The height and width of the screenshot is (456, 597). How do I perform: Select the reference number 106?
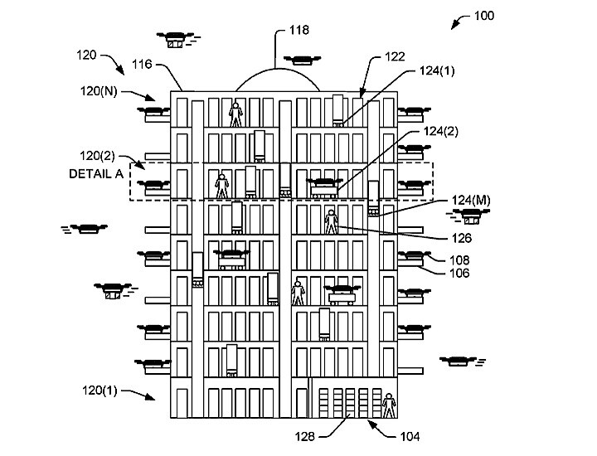[459, 271]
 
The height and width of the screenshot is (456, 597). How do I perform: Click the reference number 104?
[410, 436]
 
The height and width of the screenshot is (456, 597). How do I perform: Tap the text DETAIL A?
[95, 173]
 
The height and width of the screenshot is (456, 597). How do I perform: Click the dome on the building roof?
[276, 80]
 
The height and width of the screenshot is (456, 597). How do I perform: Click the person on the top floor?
[236, 114]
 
